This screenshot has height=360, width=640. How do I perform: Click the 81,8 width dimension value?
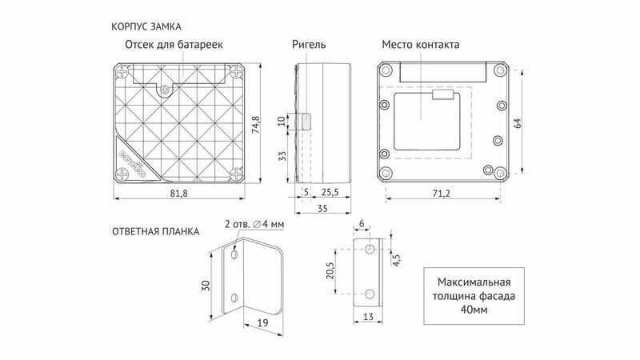click(178, 193)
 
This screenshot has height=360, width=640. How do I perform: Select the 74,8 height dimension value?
click(256, 125)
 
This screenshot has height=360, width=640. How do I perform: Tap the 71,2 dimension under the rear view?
click(442, 193)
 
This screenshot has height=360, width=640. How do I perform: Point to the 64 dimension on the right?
click(517, 123)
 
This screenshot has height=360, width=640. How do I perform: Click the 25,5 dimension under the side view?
click(330, 192)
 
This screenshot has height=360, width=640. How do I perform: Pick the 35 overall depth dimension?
click(322, 209)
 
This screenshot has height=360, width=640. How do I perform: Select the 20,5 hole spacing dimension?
click(330, 270)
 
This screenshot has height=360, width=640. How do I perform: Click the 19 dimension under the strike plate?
click(263, 323)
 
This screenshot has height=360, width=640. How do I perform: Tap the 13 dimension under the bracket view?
click(368, 316)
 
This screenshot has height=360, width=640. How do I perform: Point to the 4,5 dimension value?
click(396, 260)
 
